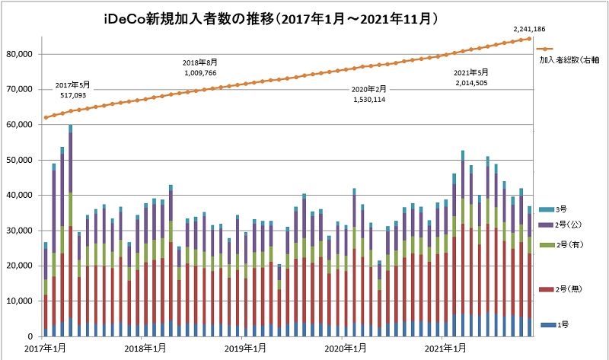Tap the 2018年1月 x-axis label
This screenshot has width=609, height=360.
(x=145, y=349)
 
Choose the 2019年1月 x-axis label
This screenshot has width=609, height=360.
(x=246, y=349)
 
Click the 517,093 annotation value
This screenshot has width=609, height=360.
(x=73, y=96)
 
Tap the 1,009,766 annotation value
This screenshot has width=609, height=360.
(x=200, y=73)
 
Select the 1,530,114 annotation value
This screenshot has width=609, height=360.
(x=368, y=100)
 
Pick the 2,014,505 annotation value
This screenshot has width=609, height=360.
(x=470, y=82)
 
